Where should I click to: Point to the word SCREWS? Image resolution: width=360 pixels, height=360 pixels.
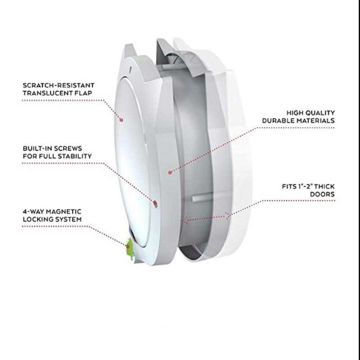(73, 148)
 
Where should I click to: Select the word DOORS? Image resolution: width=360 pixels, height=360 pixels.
(323, 195)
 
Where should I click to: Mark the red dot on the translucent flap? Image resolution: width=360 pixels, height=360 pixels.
(121, 119)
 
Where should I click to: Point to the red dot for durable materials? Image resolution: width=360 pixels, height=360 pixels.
(170, 171)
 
